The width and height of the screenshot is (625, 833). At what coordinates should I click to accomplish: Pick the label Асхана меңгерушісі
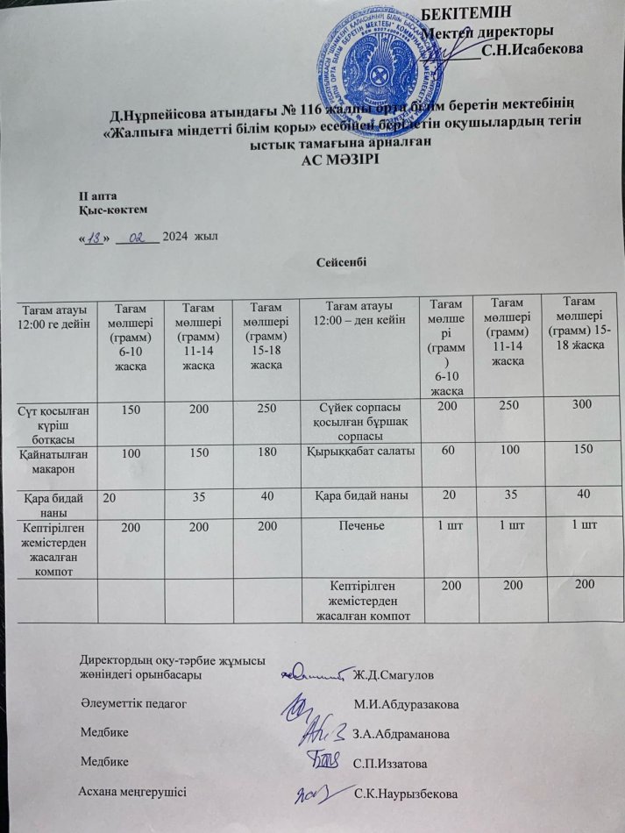[x=132, y=792]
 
